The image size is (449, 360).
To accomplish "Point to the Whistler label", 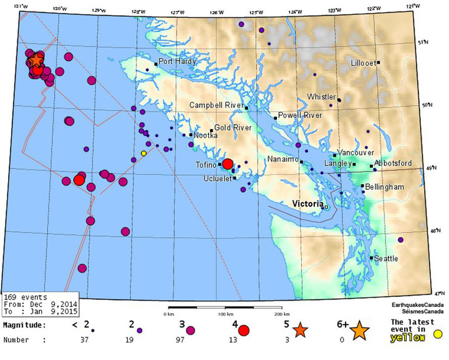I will [322, 97].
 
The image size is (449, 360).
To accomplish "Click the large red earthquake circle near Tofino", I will [228, 164].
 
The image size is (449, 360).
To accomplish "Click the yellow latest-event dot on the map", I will [144, 153].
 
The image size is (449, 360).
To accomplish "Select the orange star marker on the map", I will [36, 59].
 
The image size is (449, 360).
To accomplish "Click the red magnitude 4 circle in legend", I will [244, 330].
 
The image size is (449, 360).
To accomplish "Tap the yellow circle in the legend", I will [438, 334].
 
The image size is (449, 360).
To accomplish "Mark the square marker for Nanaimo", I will [301, 162].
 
